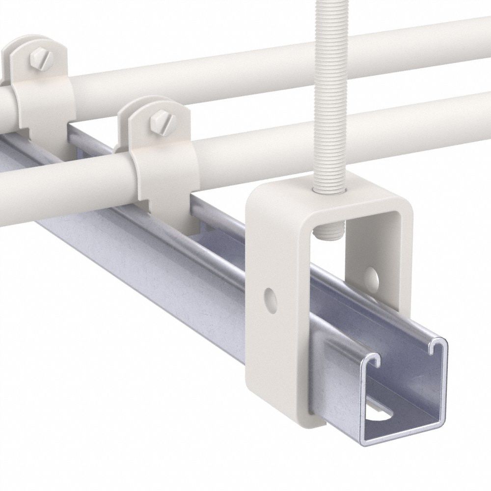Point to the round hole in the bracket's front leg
269,297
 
